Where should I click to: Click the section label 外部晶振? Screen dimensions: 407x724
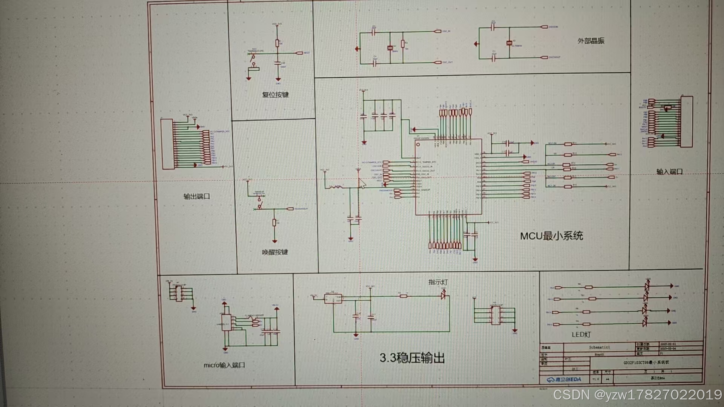(591, 41)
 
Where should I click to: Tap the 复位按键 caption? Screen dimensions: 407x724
(275, 95)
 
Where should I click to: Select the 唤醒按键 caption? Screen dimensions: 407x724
(275, 252)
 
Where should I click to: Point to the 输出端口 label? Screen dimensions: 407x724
(196, 196)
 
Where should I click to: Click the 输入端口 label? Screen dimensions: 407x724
(669, 172)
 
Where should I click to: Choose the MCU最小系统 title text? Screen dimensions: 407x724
(551, 236)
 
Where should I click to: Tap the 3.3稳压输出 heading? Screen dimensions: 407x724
(412, 358)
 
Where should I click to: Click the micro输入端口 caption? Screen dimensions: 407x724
(224, 365)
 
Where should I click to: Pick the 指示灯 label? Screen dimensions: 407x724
(438, 282)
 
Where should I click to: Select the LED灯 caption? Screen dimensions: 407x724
(581, 335)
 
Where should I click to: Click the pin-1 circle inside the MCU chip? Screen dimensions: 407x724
(418, 145)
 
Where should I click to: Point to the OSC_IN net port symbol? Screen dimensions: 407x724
(438, 31)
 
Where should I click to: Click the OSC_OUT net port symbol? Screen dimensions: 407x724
(438, 63)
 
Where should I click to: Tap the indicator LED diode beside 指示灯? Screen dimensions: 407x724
(444, 296)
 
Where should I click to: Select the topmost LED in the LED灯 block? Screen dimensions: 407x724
(647, 286)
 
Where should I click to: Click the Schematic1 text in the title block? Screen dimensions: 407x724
(599, 347)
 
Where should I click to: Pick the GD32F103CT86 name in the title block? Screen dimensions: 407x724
(646, 363)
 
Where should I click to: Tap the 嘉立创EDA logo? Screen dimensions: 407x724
(564, 379)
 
